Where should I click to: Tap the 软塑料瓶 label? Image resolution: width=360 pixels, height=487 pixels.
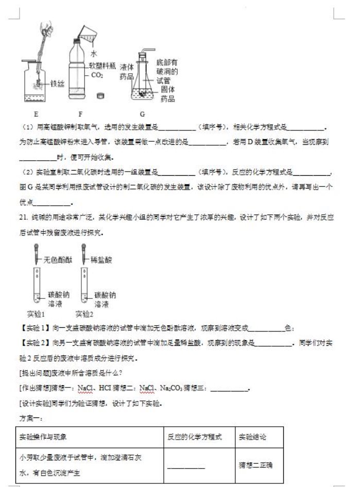106,65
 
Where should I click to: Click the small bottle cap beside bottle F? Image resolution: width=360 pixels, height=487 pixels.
101,95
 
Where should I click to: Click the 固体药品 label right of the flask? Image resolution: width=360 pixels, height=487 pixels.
167,93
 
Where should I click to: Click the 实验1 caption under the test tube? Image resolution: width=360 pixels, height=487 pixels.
37,313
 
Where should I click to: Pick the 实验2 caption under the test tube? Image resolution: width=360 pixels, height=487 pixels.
84,313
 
